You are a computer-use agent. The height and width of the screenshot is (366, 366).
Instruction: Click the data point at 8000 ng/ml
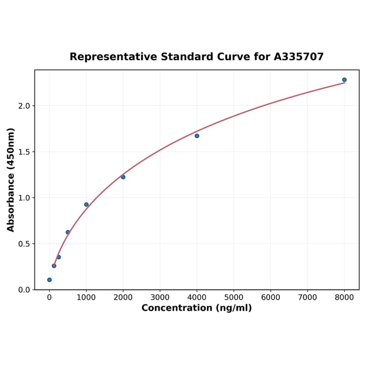[344, 80]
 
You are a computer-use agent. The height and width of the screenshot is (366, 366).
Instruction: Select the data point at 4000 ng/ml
[197, 136]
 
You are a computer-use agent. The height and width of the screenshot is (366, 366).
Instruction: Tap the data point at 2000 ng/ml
[123, 177]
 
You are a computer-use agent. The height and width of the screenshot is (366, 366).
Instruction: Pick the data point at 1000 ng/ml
[86, 205]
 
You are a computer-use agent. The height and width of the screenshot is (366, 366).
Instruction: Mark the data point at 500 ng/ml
[68, 232]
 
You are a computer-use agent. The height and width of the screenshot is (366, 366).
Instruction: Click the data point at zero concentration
[49, 280]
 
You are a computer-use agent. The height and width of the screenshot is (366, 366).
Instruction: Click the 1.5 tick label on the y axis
[23, 152]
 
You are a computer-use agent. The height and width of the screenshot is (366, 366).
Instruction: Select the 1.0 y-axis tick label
[23, 198]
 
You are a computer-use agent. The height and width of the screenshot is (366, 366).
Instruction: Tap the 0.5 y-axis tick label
[23, 244]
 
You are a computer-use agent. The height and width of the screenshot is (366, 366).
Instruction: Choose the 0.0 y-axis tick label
[23, 290]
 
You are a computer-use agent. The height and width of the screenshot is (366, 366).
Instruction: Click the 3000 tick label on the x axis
[160, 297]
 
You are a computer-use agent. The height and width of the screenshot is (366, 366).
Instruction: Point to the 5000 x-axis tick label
[234, 297]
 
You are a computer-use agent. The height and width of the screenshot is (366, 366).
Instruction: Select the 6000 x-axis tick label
[271, 297]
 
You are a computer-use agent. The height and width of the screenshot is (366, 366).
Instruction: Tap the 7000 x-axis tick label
[308, 297]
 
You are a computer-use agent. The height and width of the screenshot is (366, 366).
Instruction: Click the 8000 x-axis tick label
[344, 297]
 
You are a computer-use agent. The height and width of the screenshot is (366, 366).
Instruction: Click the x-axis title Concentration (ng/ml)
[196, 308]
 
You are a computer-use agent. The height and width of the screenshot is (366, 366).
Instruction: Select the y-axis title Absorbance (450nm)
[11, 180]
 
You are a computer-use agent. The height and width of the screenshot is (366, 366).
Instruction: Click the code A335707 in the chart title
[299, 57]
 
